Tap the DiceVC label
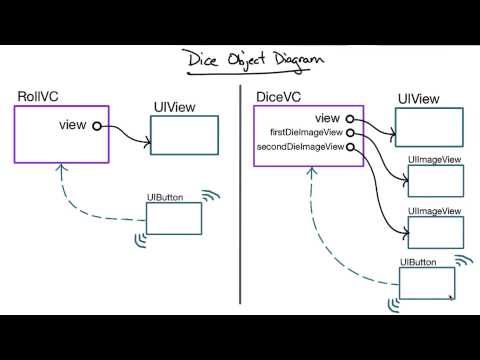(x=279, y=98)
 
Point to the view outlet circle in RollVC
(x=96, y=125)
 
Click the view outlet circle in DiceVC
(x=350, y=118)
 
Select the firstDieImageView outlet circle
(x=350, y=132)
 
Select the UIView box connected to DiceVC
(x=429, y=127)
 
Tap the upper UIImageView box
(x=435, y=181)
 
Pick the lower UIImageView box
(x=435, y=231)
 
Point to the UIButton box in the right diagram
(x=426, y=283)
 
